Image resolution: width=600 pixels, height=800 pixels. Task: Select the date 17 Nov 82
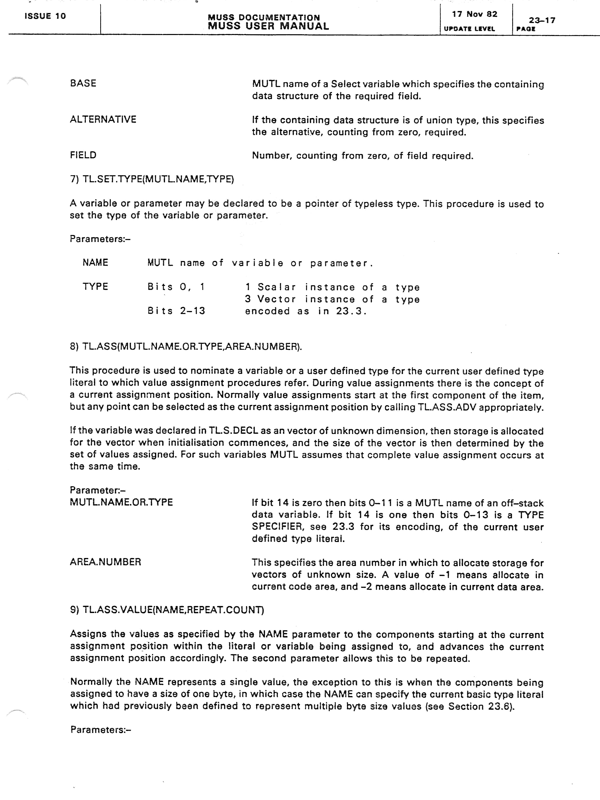tap(474, 14)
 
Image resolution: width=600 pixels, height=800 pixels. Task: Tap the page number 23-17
tap(542, 20)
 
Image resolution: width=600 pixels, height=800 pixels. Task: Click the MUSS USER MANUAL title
tap(268, 26)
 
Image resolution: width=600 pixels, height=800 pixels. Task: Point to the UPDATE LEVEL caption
tap(469, 29)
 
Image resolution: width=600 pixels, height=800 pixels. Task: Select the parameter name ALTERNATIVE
tap(103, 119)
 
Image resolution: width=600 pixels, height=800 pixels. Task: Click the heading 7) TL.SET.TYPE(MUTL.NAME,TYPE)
tap(152, 179)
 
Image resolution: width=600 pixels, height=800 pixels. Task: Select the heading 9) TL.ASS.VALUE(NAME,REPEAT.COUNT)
tap(167, 610)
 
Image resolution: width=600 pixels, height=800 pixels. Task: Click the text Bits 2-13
tap(176, 311)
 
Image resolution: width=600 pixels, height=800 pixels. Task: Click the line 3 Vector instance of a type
tap(332, 299)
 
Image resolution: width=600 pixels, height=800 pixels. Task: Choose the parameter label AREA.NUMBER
tap(105, 562)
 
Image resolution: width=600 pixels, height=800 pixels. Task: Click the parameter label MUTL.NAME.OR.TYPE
tap(121, 502)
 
